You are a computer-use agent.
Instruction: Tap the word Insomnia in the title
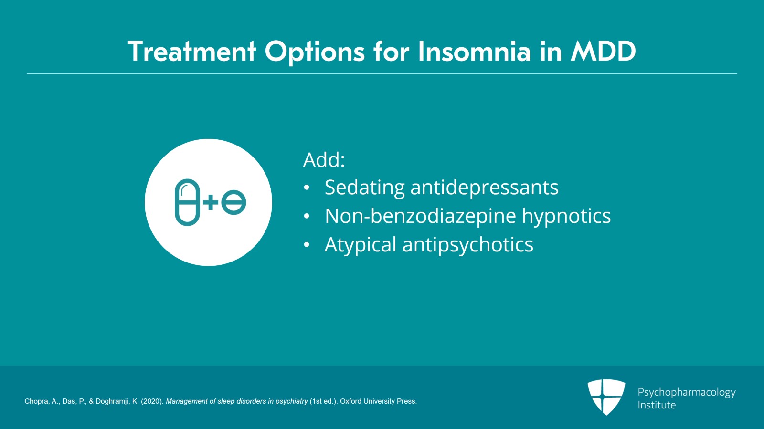pyautogui.click(x=474, y=52)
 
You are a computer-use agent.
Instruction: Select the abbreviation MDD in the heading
pyautogui.click(x=604, y=52)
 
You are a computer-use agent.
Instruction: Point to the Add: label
pyautogui.click(x=324, y=160)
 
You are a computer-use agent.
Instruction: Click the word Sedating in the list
pyautogui.click(x=364, y=188)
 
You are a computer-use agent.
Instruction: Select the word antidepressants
pyautogui.click(x=484, y=188)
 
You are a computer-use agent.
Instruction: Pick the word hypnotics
pyautogui.click(x=566, y=216)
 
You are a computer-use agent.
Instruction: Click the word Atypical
pyautogui.click(x=361, y=245)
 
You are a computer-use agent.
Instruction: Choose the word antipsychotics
pyautogui.click(x=467, y=245)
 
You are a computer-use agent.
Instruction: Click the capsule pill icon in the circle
pyautogui.click(x=187, y=202)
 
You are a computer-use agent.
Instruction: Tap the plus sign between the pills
pyautogui.click(x=211, y=203)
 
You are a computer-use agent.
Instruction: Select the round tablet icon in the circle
pyautogui.click(x=234, y=202)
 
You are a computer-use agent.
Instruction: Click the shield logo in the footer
pyautogui.click(x=606, y=397)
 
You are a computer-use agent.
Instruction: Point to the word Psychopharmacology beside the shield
pyautogui.click(x=686, y=392)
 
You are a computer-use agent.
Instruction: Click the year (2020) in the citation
pyautogui.click(x=152, y=401)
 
